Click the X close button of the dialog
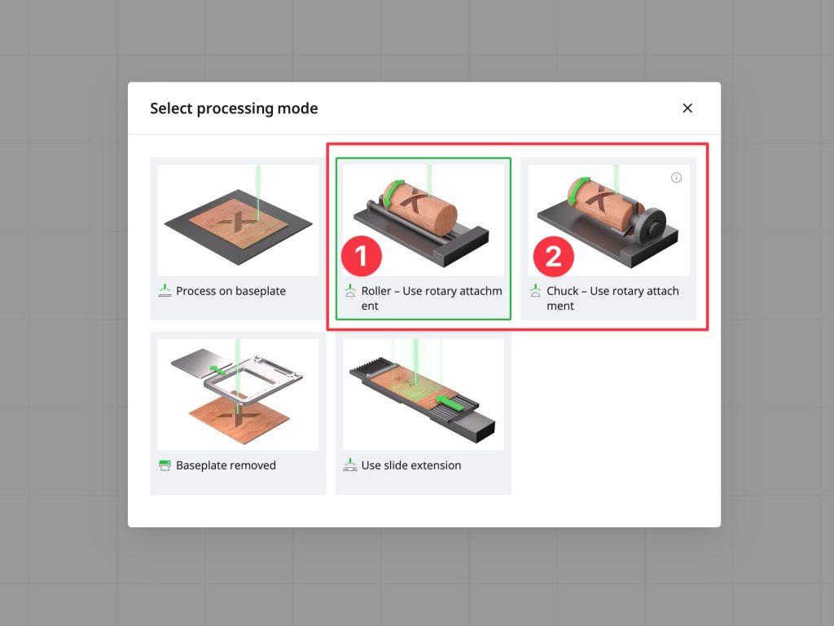click(687, 108)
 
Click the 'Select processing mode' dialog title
click(234, 108)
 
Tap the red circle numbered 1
click(362, 256)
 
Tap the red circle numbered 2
click(554, 257)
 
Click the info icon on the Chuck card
click(676, 178)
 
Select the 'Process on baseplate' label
click(230, 291)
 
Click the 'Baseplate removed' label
click(226, 465)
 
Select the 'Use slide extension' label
click(411, 465)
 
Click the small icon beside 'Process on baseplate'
click(165, 291)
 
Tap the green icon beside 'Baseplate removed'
click(165, 465)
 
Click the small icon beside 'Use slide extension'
click(350, 465)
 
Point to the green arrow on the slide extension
click(450, 403)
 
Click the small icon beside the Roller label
click(350, 291)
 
